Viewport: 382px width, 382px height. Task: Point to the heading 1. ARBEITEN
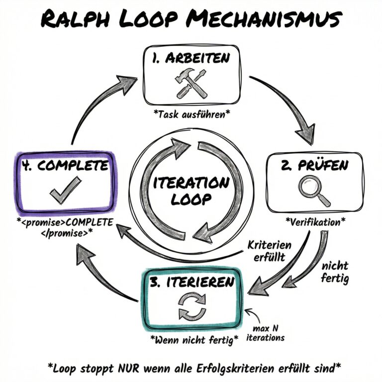click(191, 58)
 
